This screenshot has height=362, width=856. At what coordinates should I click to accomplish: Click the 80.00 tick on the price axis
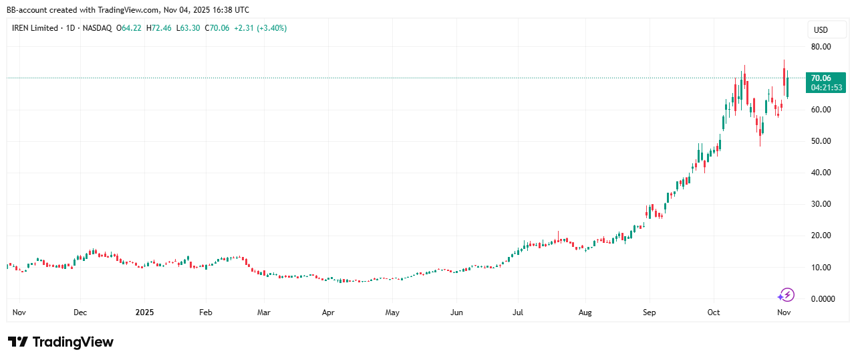(821, 47)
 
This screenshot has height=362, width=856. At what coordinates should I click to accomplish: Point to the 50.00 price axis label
(821, 141)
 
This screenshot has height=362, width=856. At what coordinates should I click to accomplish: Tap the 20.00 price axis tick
(821, 236)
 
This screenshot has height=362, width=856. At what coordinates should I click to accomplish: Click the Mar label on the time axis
(264, 312)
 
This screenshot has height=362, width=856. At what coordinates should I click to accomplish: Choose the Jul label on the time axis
(518, 312)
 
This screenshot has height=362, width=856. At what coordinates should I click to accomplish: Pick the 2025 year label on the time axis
(145, 312)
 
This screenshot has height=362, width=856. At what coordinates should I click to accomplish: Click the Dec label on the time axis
(80, 312)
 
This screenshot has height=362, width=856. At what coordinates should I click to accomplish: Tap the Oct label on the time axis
(714, 312)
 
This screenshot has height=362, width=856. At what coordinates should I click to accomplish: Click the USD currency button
(820, 30)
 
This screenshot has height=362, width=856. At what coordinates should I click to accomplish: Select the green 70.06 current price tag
(820, 78)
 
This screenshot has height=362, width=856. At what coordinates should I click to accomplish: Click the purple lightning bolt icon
(787, 294)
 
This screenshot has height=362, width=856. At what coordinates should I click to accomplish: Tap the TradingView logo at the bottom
(61, 342)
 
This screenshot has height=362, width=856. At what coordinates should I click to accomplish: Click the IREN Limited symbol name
(35, 28)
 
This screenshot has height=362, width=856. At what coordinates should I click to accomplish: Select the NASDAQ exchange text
(98, 28)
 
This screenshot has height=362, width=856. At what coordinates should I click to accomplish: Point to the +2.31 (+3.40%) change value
(260, 28)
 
